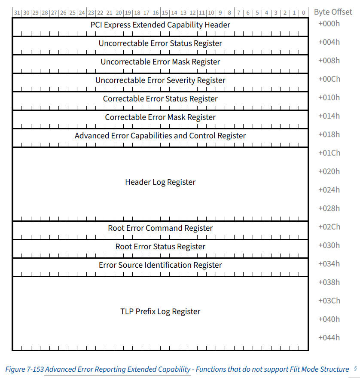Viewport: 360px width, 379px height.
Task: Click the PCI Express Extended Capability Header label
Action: (x=160, y=25)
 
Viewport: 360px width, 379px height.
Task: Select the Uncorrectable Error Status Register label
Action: (x=160, y=43)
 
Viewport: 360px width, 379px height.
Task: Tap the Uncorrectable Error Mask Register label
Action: (x=160, y=62)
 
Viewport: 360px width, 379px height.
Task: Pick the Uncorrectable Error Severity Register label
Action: (x=160, y=80)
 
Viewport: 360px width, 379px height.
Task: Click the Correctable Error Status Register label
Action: (x=160, y=99)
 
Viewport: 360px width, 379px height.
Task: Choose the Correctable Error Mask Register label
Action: (x=160, y=117)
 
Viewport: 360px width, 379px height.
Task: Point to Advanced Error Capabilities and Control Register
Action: (x=160, y=136)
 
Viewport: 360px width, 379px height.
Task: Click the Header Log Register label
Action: (x=160, y=182)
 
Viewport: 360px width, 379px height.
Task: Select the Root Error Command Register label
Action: (x=160, y=228)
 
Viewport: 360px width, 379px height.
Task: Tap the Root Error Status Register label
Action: (x=160, y=247)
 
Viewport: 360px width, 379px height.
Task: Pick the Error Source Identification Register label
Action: (x=160, y=265)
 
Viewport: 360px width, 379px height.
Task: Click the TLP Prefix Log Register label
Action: (x=160, y=312)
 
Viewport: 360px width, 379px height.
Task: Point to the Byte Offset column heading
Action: (x=333, y=12)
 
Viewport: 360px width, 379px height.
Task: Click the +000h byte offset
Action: (x=329, y=24)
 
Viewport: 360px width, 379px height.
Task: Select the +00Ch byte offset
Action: (x=329, y=79)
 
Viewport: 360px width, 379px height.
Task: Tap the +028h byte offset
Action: (x=329, y=208)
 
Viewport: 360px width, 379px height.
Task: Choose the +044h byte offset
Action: (x=329, y=338)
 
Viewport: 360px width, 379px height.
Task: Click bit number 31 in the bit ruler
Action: (x=17, y=12)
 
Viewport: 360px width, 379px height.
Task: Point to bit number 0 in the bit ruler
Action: (x=304, y=12)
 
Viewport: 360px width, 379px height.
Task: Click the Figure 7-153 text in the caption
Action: (x=24, y=369)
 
